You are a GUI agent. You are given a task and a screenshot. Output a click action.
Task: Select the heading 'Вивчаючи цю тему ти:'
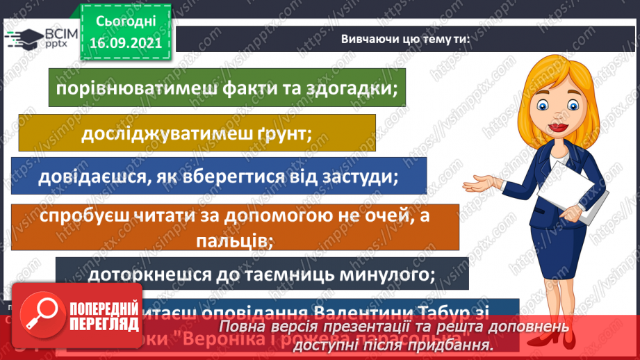point(405,39)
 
